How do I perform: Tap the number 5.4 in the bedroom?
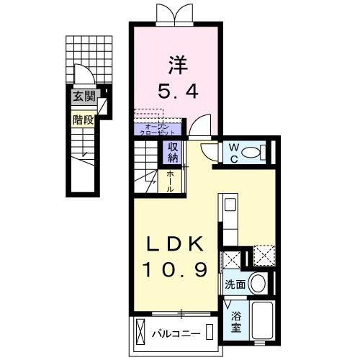(x=177, y=91)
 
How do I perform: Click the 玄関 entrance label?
(x=82, y=96)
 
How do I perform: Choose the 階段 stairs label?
(x=83, y=120)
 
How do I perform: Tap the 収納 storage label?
(x=174, y=152)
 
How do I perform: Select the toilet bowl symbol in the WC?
(x=251, y=152)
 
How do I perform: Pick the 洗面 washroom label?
(x=235, y=284)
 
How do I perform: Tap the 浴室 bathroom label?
(x=236, y=321)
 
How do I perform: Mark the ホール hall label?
(x=170, y=179)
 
